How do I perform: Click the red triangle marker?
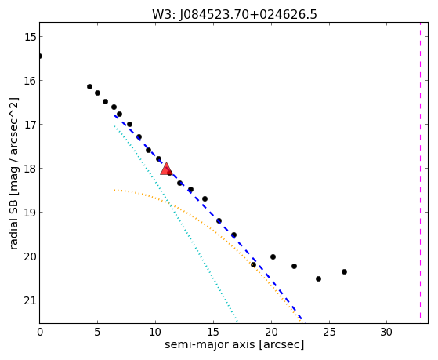point(166,169)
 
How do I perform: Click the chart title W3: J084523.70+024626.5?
point(234,15)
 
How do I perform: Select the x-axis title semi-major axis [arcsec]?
point(234,344)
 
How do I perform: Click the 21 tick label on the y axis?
point(30,300)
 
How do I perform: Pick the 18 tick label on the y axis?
point(30,169)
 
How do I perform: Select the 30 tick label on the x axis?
point(386,333)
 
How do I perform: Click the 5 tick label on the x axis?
point(97,333)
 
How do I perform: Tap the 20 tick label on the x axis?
point(271,333)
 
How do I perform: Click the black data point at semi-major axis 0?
point(40,56)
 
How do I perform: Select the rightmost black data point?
point(344,271)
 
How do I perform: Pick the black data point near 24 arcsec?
point(318,278)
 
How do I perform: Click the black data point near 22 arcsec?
point(294,266)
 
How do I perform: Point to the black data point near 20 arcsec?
point(273,256)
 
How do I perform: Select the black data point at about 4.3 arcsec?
point(89,87)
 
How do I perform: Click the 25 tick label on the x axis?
point(329,333)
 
